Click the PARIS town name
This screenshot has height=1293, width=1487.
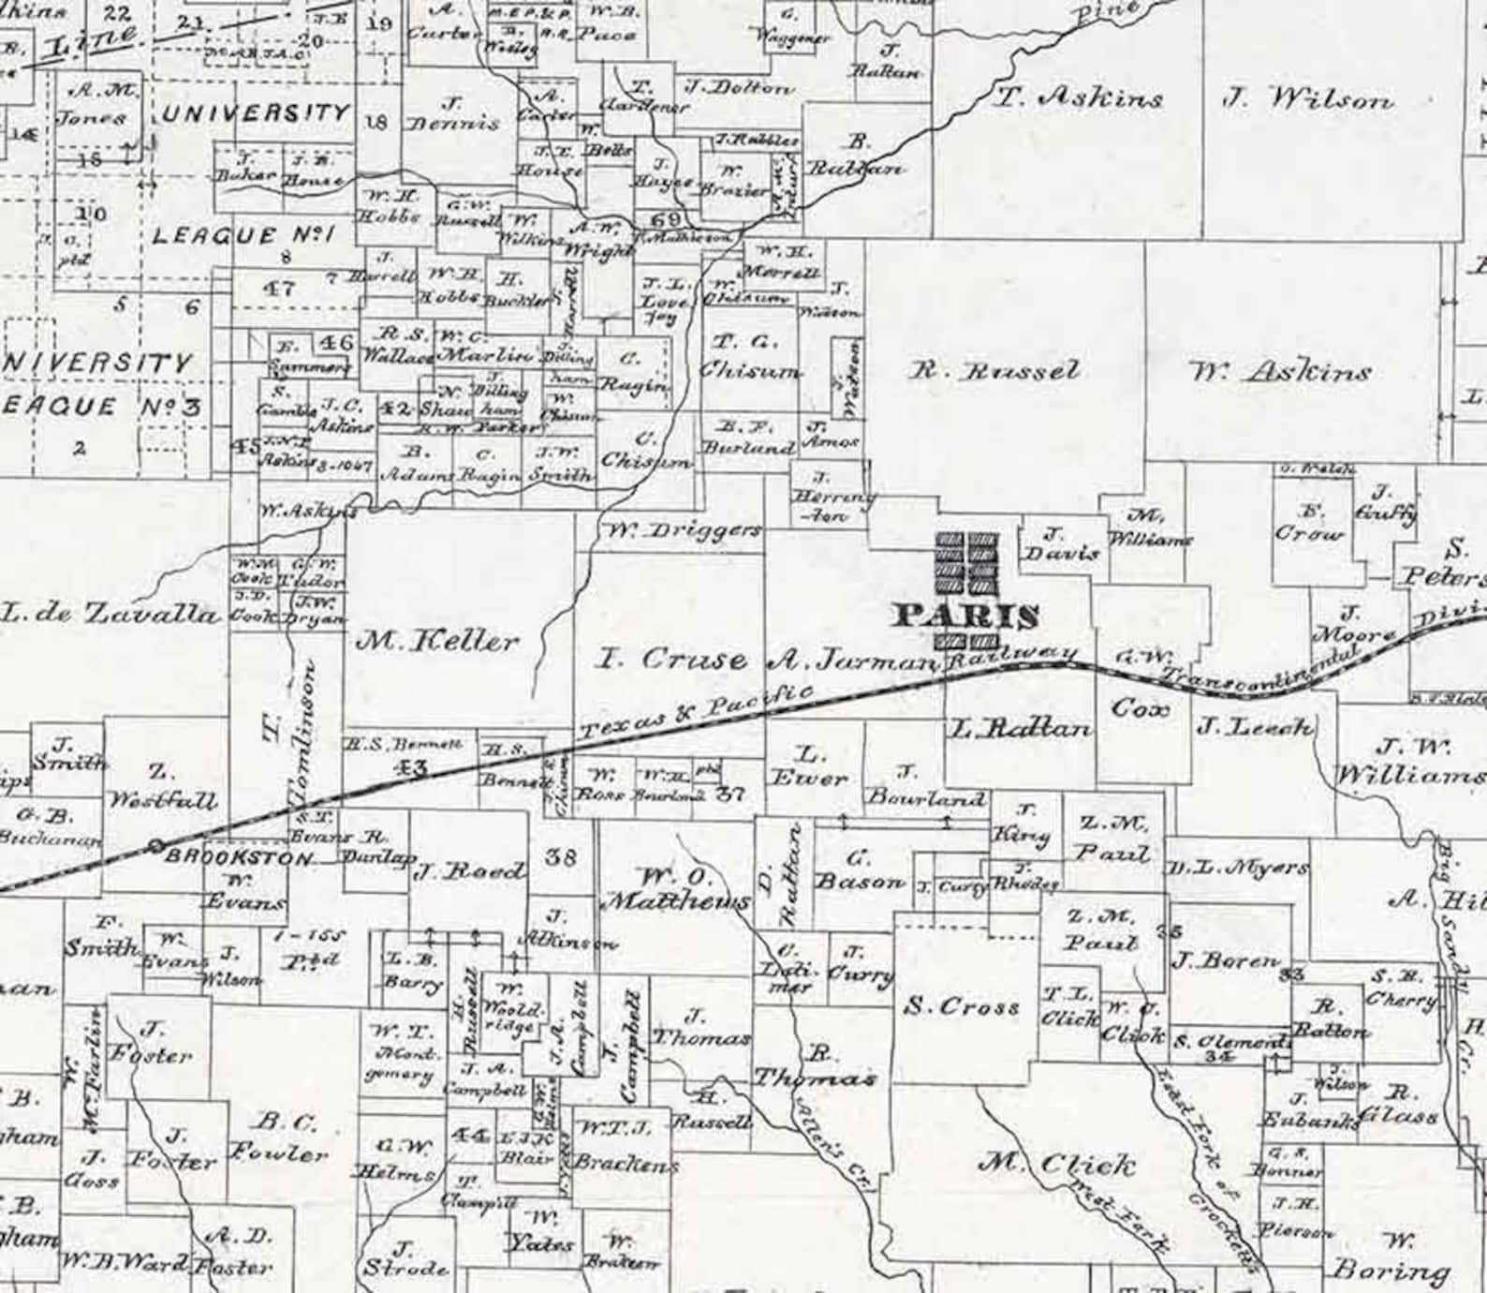pyautogui.click(x=966, y=617)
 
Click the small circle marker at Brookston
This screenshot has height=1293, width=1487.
pyautogui.click(x=156, y=847)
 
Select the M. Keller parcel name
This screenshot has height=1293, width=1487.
pyautogui.click(x=436, y=642)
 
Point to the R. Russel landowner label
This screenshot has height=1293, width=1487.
pyautogui.click(x=995, y=371)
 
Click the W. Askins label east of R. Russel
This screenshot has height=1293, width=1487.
pyautogui.click(x=1280, y=373)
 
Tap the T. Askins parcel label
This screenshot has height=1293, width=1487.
pyautogui.click(x=1077, y=97)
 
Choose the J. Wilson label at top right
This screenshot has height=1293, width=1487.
pyautogui.click(x=1308, y=99)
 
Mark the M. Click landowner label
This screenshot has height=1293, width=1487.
pyautogui.click(x=1057, y=1165)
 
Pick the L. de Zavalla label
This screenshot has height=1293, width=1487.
pyautogui.click(x=110, y=615)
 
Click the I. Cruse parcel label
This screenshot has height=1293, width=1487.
pyautogui.click(x=672, y=660)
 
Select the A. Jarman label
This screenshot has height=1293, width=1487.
pyautogui.click(x=852, y=661)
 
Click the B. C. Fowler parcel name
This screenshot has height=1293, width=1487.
pyautogui.click(x=289, y=1137)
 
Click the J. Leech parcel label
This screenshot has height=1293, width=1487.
pyautogui.click(x=1255, y=726)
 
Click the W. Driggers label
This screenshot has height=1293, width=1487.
pyautogui.click(x=681, y=531)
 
